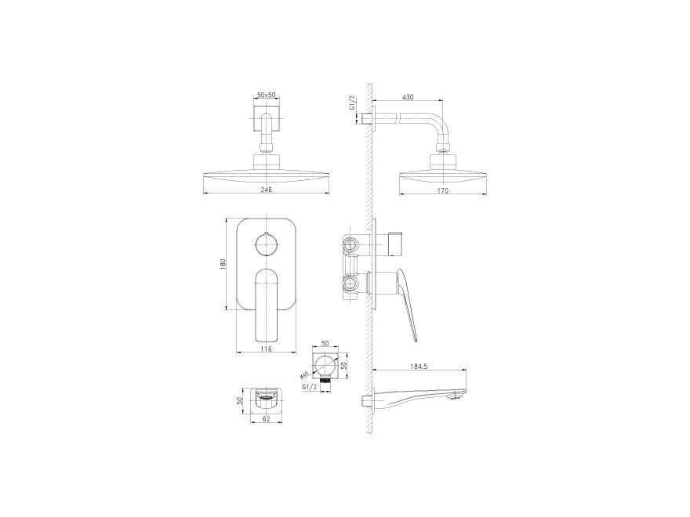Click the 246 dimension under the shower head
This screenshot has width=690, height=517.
[267, 190]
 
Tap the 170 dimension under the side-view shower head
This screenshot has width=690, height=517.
[443, 190]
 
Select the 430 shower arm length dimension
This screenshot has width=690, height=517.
[408, 97]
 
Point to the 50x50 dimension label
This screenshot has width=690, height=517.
[267, 95]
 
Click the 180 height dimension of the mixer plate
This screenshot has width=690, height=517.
[223, 264]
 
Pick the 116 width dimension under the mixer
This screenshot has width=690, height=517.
[266, 349]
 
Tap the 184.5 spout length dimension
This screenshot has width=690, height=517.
[416, 366]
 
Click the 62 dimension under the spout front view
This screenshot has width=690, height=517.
[267, 419]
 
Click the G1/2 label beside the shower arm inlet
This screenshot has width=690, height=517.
[353, 103]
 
